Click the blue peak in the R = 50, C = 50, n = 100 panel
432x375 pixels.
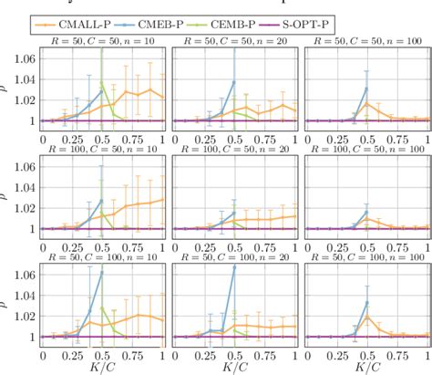click(x=366, y=89)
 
